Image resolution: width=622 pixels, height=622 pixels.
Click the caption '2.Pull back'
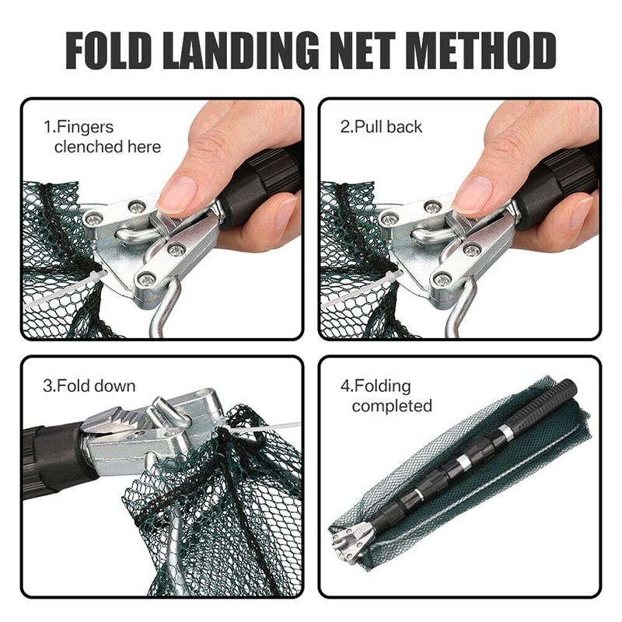[381, 127]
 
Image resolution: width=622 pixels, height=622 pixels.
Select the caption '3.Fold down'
[89, 386]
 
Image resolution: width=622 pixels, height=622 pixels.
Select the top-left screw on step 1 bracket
[138, 207]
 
